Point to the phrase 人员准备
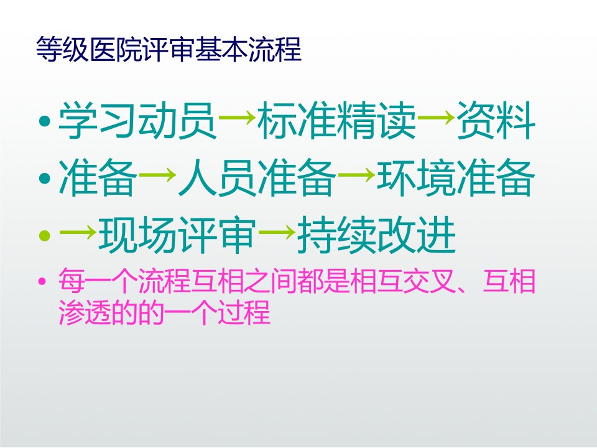pyautogui.click(x=257, y=178)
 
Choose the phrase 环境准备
pyautogui.click(x=456, y=178)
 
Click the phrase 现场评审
pyautogui.click(x=177, y=235)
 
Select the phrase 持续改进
pyautogui.click(x=376, y=235)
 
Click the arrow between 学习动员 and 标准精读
pyautogui.click(x=237, y=118)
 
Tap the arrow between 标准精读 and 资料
pyautogui.click(x=436, y=118)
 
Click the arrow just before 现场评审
pyautogui.click(x=78, y=231)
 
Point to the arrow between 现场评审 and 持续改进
pyautogui.click(x=277, y=231)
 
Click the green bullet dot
pyautogui.click(x=45, y=235)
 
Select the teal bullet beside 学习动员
pyautogui.click(x=45, y=121)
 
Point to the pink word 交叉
pyautogui.click(x=430, y=281)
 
